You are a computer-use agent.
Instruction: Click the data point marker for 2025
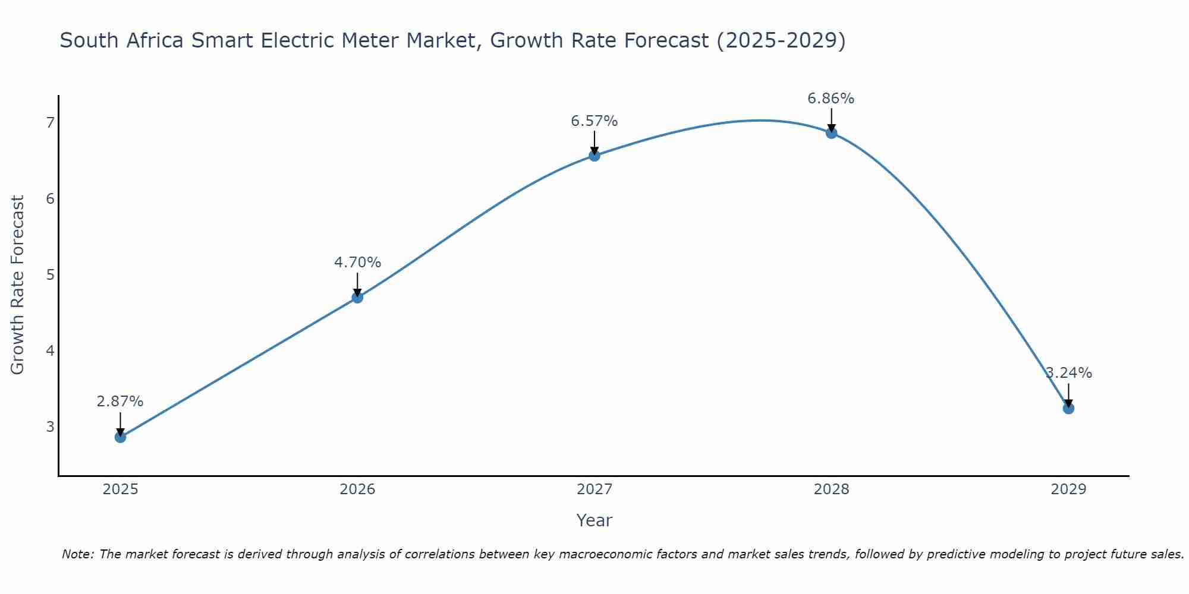click(120, 437)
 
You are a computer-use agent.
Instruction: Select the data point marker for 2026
click(357, 298)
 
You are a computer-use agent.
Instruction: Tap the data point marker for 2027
click(594, 156)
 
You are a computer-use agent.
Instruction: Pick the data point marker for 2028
click(831, 133)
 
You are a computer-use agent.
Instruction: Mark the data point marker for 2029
click(1068, 409)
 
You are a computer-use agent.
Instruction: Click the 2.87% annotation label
click(120, 402)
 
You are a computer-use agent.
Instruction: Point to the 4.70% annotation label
click(357, 263)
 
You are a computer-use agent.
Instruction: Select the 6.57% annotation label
click(594, 121)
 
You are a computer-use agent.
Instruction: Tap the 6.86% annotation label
click(831, 99)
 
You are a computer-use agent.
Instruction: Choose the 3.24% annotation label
click(1069, 373)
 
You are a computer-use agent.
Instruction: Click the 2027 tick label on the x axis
click(594, 489)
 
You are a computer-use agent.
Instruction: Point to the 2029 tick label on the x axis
click(1068, 489)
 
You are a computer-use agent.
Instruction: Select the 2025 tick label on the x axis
click(120, 489)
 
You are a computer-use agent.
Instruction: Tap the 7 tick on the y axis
click(50, 123)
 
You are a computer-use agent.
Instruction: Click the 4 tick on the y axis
click(50, 351)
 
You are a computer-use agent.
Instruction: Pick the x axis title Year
click(594, 520)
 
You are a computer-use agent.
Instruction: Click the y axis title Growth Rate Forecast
click(18, 285)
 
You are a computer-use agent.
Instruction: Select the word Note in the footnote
click(77, 554)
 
